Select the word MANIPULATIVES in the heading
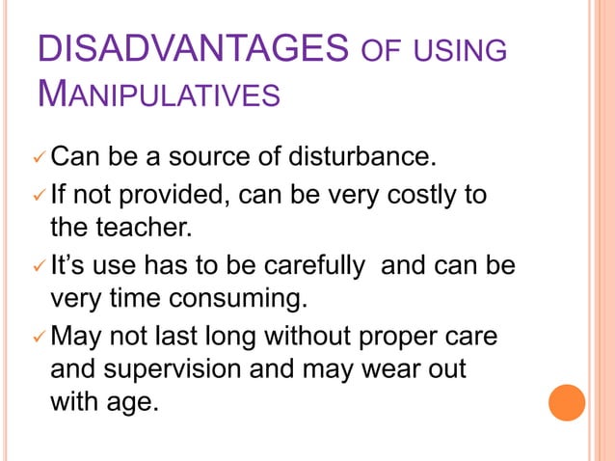[x=159, y=94]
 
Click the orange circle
[x=567, y=402]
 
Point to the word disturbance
[x=359, y=155]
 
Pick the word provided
[x=173, y=196]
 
